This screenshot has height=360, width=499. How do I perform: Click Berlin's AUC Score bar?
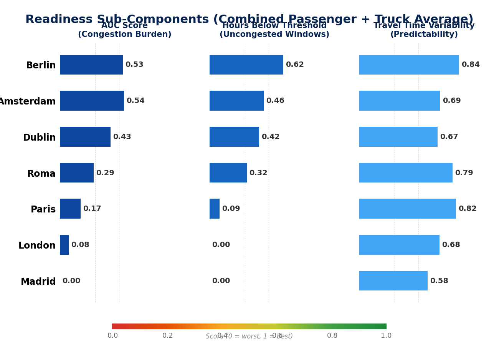point(91,65)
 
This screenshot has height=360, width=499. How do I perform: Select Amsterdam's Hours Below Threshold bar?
point(236,101)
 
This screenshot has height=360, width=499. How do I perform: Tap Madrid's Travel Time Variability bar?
point(393,281)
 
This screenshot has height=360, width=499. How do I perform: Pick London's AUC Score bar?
point(64,245)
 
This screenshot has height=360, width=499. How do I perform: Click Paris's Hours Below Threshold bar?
point(215,209)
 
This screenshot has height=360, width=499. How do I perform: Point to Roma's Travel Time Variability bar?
point(406,173)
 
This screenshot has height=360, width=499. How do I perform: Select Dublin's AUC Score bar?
point(85,137)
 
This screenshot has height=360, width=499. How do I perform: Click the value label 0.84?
point(470,65)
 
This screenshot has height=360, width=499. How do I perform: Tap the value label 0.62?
point(294,65)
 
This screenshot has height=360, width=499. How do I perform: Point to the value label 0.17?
point(92,209)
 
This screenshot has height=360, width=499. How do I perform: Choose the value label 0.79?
point(464,173)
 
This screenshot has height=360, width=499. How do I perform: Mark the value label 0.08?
point(80,245)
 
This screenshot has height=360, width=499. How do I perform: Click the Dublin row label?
point(39,138)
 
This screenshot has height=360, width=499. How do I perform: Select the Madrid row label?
point(38,282)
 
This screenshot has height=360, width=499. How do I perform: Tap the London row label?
point(37,246)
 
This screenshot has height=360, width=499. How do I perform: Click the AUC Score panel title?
point(124,30)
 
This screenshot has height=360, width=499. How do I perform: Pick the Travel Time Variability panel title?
point(424,30)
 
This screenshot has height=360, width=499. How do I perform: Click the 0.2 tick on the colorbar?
point(167,335)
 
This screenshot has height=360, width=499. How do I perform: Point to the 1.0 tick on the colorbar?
point(386,335)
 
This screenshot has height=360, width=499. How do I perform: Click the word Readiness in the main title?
point(59,19)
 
